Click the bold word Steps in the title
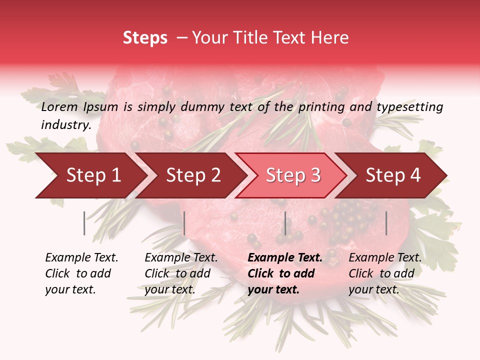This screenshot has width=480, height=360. point(145,38)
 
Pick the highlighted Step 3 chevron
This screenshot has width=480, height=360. point(293,175)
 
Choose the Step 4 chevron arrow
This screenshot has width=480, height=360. point(393,175)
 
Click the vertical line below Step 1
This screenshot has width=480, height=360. point(84,223)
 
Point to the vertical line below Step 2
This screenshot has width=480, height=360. point(184,223)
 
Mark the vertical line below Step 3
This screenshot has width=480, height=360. point(285,223)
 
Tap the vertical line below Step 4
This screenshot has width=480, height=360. point(386,223)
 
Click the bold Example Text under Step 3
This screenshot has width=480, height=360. point(285,258)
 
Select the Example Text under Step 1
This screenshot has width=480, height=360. point(81,258)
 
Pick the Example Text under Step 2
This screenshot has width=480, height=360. point(181,258)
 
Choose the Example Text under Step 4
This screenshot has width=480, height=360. point(385,258)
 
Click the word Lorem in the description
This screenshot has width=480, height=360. point(59,106)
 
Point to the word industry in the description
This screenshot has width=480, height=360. point(65,125)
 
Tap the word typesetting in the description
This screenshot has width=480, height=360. point(409,107)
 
